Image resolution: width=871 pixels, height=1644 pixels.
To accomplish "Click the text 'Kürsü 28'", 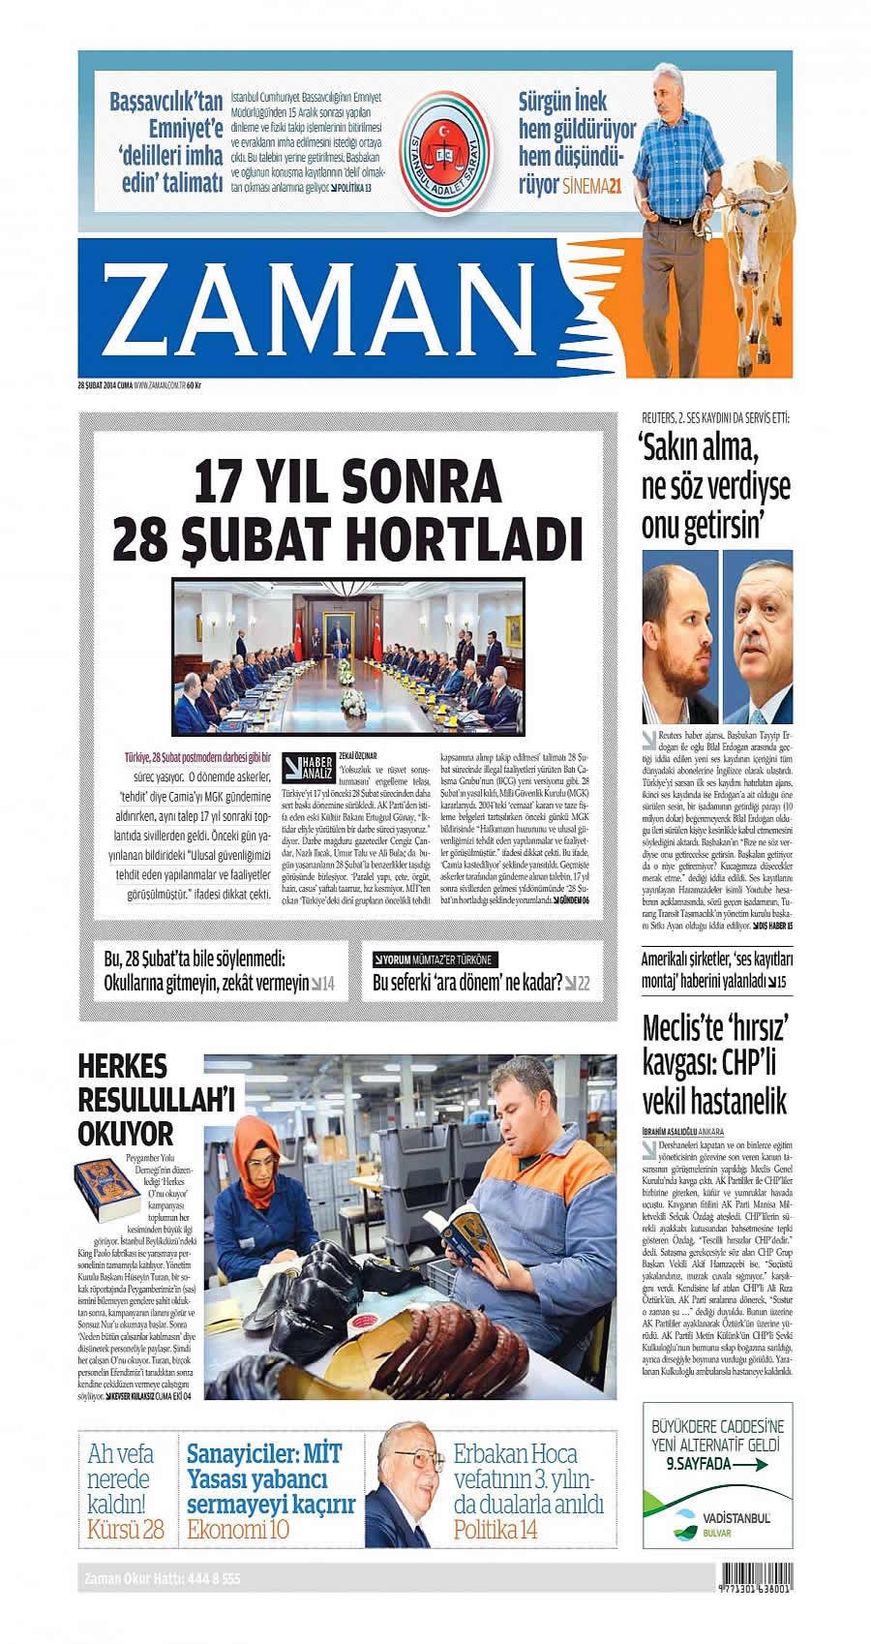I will click(126, 1529).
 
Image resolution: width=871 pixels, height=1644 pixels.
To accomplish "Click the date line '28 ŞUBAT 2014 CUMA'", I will click(105, 386).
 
